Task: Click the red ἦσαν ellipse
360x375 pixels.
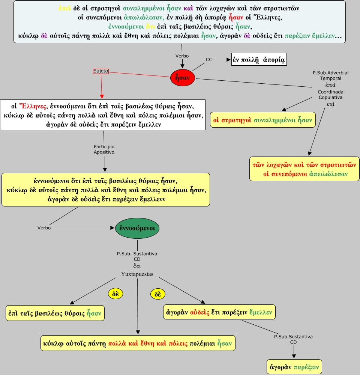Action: click(x=183, y=78)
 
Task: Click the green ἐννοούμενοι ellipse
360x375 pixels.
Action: click(x=137, y=228)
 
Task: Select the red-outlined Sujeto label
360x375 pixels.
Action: click(x=100, y=71)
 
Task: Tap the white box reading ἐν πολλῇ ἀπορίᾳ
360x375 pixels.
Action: click(x=259, y=60)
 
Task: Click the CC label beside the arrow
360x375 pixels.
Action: click(x=209, y=59)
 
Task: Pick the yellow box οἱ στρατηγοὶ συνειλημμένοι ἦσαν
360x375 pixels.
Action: click(x=262, y=120)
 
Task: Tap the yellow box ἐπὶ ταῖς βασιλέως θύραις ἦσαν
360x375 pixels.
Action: click(x=55, y=313)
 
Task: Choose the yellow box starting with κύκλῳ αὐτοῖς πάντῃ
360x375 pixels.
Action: click(x=138, y=343)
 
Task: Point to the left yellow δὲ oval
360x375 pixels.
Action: click(x=115, y=294)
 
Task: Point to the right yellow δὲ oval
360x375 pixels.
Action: click(x=158, y=294)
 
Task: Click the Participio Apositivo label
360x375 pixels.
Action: click(x=104, y=149)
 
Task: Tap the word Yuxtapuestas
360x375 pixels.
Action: click(x=137, y=274)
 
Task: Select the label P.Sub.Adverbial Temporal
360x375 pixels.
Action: click(x=325, y=75)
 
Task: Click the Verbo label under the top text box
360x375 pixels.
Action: click(x=182, y=56)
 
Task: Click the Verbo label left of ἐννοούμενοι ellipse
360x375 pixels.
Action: click(x=44, y=228)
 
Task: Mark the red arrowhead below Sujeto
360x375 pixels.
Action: click(x=102, y=96)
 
